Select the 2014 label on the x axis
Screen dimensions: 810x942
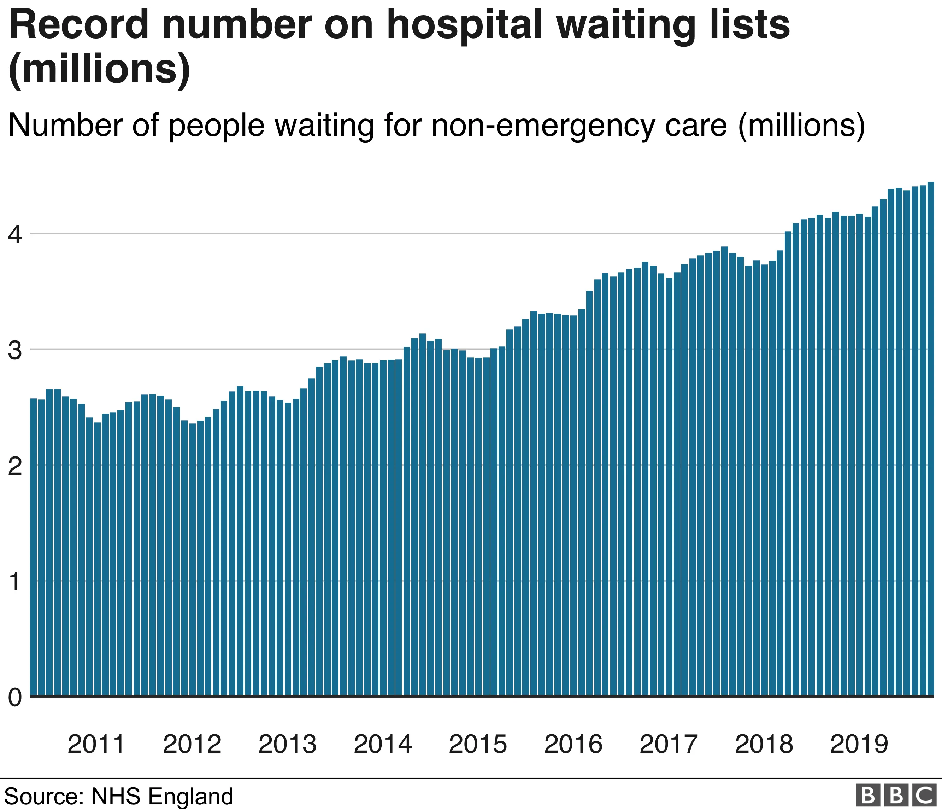point(382,745)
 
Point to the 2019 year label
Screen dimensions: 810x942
point(859,745)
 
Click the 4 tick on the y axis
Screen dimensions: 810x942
point(14,235)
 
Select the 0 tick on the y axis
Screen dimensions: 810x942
point(14,697)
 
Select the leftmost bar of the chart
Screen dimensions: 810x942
point(33,546)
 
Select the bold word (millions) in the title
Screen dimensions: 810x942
point(99,69)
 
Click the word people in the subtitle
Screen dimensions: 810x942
point(216,127)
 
